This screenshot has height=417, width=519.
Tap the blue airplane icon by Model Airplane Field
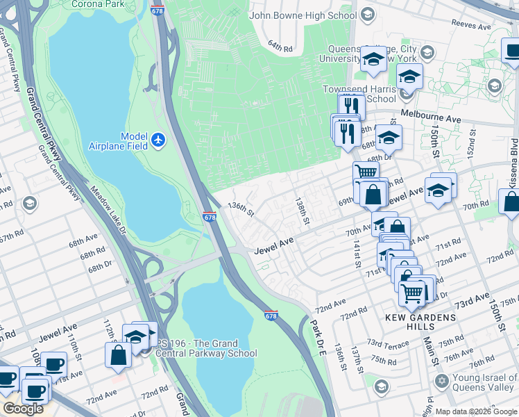159,140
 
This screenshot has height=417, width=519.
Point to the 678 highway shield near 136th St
210,217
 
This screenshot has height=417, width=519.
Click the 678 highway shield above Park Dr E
271,315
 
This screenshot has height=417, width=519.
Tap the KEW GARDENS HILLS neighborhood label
421,322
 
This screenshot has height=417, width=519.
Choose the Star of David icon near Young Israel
440,382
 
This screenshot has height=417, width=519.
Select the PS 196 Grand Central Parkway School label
206,348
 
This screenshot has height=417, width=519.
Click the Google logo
23,409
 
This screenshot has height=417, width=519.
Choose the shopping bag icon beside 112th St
119,354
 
